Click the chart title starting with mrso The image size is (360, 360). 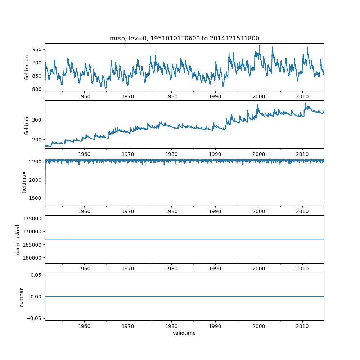pos(184,38)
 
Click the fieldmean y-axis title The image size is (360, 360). pos(27,68)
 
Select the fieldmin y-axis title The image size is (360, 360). pos(27,125)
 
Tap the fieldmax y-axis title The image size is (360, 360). pos(24,182)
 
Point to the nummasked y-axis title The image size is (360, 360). pos(18,239)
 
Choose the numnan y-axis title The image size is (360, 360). pos(21,297)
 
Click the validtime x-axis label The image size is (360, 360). pos(184,333)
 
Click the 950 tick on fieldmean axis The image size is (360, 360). pos(37,49)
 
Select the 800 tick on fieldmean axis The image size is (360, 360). pos(37,89)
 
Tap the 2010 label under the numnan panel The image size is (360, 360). pos(302,326)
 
